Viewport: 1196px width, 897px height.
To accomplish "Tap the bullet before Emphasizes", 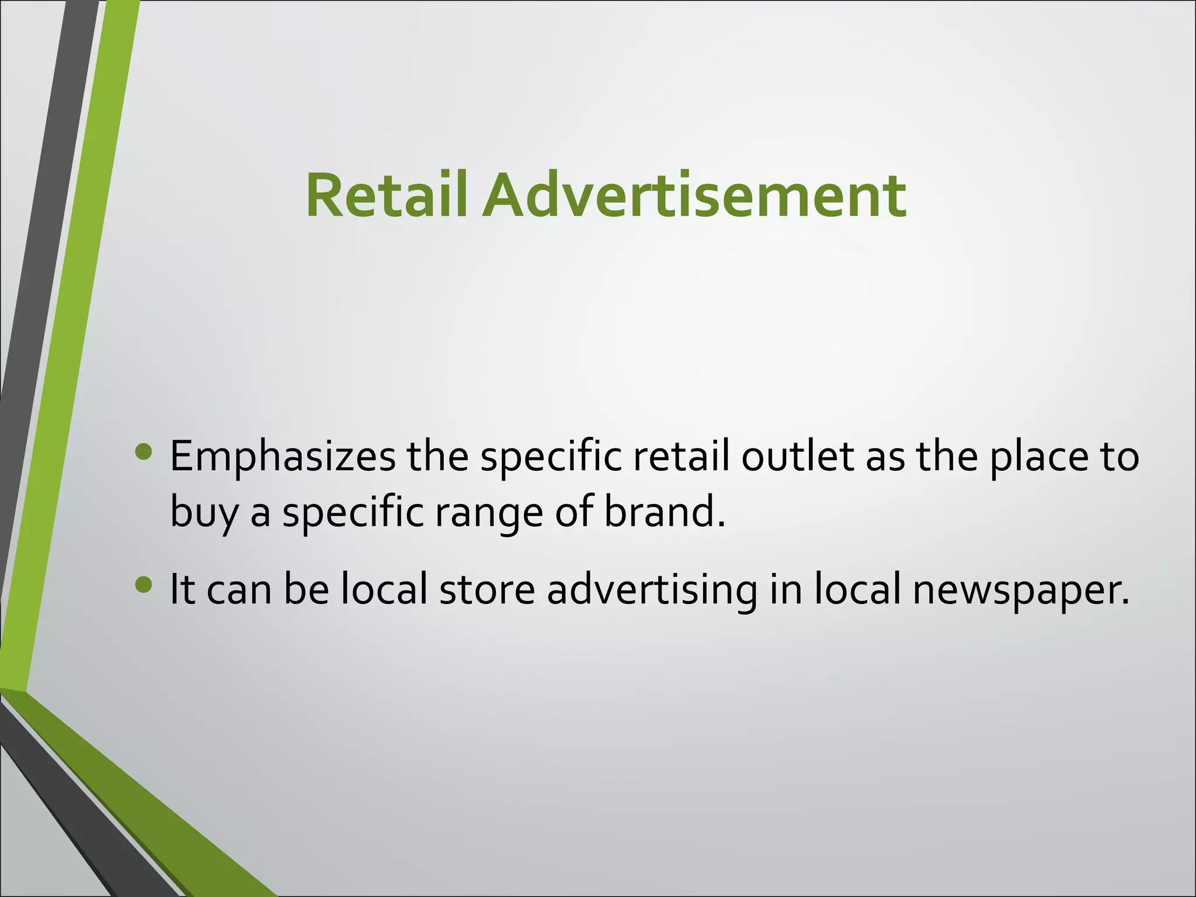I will pos(143,451).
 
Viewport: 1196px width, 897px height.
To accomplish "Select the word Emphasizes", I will pos(283,457).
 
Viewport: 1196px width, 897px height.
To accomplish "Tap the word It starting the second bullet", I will pos(182,589).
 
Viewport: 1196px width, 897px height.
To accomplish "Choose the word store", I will pos(486,589).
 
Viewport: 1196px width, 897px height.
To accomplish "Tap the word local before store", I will pos(384,589).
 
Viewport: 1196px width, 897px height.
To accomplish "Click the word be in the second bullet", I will pos(307,589).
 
